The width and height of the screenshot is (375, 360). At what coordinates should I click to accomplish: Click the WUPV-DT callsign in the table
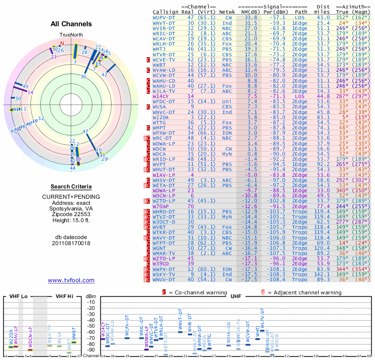[x=164, y=17]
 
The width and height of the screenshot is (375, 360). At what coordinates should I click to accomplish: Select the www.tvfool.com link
[x=71, y=280]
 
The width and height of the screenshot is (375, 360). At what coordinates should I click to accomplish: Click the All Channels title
[x=71, y=24]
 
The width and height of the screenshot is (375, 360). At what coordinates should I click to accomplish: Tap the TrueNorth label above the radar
[x=71, y=36]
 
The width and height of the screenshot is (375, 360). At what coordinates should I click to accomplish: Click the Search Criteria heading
[x=71, y=187]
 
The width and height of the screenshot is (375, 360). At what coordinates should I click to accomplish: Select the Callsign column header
[x=165, y=12]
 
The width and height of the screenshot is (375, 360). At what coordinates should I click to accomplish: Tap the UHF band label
[x=236, y=296]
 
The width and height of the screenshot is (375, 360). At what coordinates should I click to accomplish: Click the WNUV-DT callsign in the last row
[x=164, y=279]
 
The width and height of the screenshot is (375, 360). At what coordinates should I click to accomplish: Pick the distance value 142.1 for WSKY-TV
[x=322, y=274]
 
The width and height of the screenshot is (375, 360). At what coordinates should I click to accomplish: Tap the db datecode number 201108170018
[x=71, y=244]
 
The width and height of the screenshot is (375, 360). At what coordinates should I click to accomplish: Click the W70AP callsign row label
[x=161, y=206]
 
